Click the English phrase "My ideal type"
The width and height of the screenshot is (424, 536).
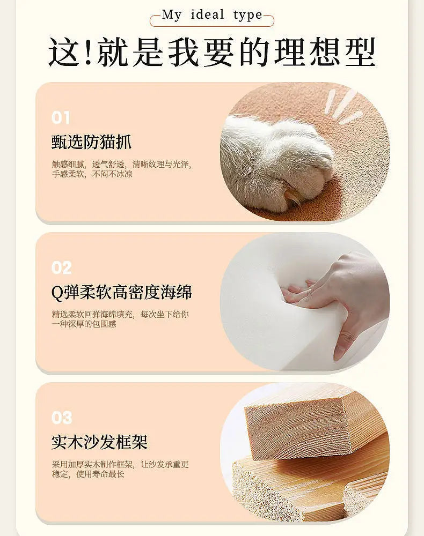tap(212, 16)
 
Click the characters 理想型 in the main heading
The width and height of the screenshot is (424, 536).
tap(324, 52)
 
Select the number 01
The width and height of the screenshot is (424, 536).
tap(61, 117)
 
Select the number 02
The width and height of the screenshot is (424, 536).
tap(62, 267)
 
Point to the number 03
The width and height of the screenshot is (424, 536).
tap(62, 418)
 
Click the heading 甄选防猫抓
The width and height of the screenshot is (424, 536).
tap(91, 142)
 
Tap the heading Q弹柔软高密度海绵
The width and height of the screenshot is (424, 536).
tap(121, 292)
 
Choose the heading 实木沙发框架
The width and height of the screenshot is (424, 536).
tap(100, 442)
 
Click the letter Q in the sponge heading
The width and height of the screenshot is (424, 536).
tap(57, 292)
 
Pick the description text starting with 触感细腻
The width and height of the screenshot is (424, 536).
tap(121, 169)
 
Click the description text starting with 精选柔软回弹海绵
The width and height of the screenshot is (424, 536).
tap(120, 319)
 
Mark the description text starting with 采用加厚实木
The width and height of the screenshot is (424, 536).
tap(120, 469)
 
